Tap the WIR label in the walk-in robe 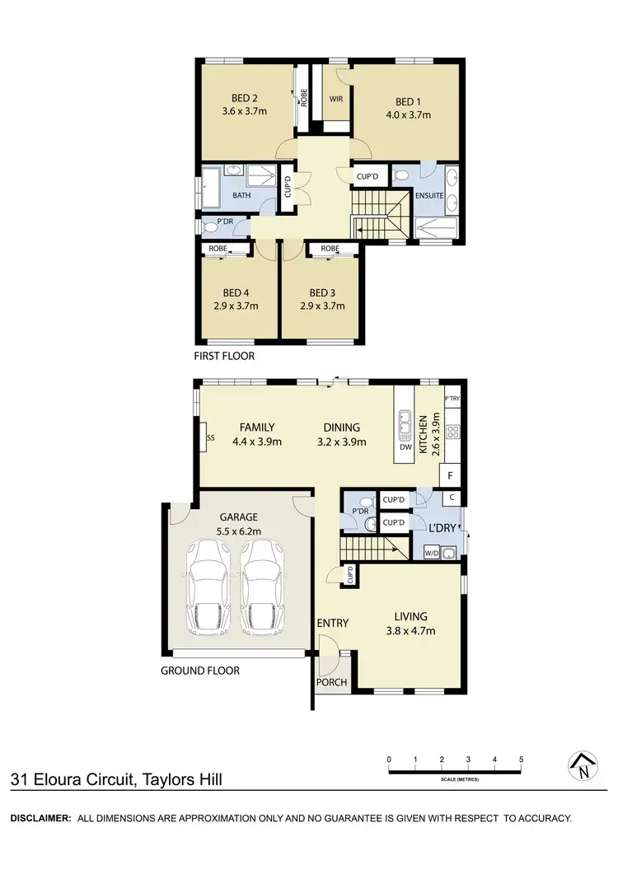tap(335, 100)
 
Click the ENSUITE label tap(430, 196)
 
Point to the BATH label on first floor tap(241, 196)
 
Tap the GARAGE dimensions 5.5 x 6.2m tap(238, 531)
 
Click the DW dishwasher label tap(405, 447)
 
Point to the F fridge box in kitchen tap(451, 475)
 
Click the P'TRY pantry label tap(452, 399)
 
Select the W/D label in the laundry tap(431, 554)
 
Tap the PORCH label tap(332, 682)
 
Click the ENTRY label tap(333, 623)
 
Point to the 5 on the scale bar tap(522, 759)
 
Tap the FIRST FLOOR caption tap(225, 357)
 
